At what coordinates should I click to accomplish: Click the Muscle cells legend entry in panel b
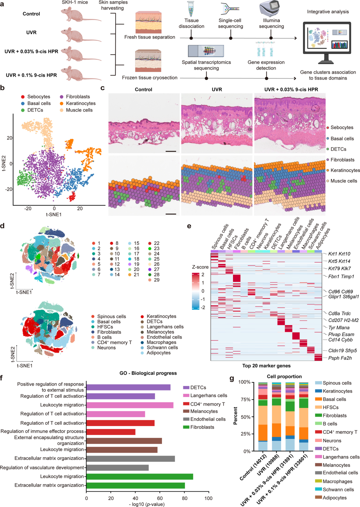tap(79, 110)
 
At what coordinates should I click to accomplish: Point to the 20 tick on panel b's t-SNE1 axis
tap(80, 208)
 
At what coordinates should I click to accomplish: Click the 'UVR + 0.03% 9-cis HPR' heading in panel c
tap(291, 89)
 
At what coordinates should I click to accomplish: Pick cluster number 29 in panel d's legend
tap(156, 280)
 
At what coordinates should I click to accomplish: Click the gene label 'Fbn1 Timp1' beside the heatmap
tap(341, 276)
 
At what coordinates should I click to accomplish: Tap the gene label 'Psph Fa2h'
tap(340, 358)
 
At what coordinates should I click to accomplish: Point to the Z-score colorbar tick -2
tap(203, 307)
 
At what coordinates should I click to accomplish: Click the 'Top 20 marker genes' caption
tap(266, 366)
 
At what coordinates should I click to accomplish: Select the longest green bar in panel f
tap(140, 476)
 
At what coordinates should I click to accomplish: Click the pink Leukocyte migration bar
tap(130, 405)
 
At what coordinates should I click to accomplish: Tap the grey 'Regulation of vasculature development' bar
tap(117, 468)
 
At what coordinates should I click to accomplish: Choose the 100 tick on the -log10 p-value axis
tap(209, 498)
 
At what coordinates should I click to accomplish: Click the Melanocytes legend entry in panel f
tap(204, 411)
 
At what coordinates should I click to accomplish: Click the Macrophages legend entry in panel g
tap(337, 481)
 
